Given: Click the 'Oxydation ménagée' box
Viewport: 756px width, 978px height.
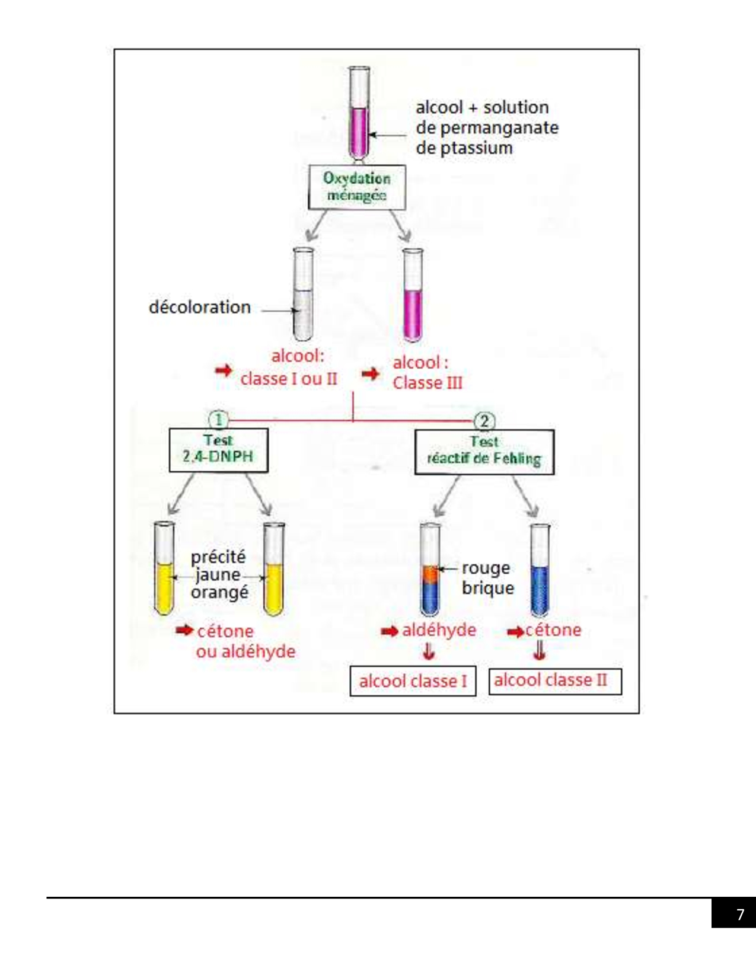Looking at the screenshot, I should click(357, 187).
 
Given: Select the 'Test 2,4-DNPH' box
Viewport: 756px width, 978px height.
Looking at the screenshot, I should click(218, 450).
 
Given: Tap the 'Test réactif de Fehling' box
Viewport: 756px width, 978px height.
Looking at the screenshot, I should click(484, 452).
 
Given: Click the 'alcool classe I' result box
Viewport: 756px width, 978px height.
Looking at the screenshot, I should click(413, 681).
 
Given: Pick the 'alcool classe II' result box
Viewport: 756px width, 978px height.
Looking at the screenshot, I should click(555, 680).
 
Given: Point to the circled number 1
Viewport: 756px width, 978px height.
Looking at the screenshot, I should click(218, 420).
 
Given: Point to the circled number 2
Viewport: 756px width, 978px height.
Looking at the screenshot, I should click(484, 421).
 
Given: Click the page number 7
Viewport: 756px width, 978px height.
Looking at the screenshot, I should click(739, 914).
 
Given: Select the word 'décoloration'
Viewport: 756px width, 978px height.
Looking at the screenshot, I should click(200, 307).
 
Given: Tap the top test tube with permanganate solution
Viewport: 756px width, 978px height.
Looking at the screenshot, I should click(359, 113).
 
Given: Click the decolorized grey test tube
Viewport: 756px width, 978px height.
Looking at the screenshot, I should click(303, 295).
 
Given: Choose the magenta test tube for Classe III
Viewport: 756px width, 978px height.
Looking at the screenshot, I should click(413, 296).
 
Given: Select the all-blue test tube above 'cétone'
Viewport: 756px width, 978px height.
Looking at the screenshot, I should click(540, 570).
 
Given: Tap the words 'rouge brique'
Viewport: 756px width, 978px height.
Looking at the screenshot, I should click(487, 578).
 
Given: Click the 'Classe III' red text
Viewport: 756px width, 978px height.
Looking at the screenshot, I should click(428, 383).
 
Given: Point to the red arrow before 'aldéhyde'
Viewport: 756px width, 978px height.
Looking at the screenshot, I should click(389, 631).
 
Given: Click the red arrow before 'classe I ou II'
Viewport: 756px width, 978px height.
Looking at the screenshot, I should click(224, 371).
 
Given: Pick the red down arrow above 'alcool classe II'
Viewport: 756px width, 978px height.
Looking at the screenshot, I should click(539, 651).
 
